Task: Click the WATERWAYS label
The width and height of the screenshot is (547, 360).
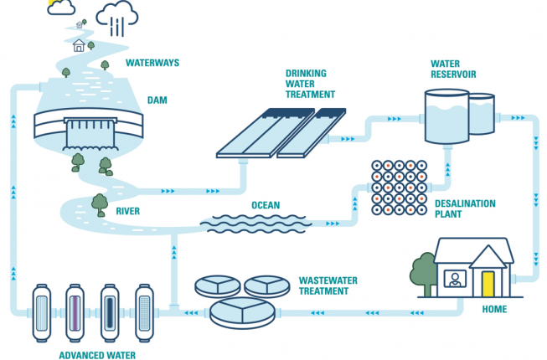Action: click(x=152, y=63)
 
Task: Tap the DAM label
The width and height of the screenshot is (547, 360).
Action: click(x=157, y=100)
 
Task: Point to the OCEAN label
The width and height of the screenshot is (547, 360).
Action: click(x=266, y=205)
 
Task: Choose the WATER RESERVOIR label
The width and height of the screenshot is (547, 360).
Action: click(x=452, y=69)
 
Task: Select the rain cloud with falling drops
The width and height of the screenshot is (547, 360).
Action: click(x=117, y=14)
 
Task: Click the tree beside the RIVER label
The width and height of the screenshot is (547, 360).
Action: click(x=100, y=203)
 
